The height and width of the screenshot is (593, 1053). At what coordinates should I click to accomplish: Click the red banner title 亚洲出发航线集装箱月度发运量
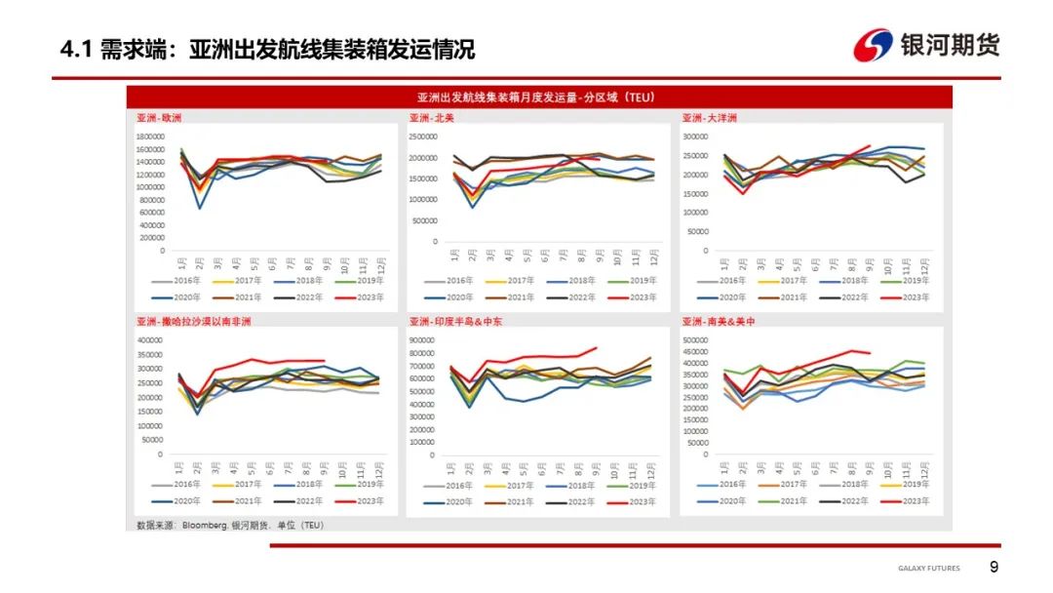[536, 98]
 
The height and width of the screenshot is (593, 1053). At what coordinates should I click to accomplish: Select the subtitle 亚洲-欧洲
[159, 118]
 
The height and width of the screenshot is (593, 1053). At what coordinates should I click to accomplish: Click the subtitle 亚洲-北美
[431, 118]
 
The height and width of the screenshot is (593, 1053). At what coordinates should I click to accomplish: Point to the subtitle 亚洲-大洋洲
[709, 118]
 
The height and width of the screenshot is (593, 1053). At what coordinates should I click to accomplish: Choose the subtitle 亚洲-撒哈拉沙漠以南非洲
[194, 321]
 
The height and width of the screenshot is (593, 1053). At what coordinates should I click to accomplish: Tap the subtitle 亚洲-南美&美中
[722, 321]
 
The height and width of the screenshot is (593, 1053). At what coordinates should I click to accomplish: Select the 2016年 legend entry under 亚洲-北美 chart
[453, 280]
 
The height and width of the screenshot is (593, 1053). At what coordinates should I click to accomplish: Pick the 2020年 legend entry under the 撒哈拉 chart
[180, 500]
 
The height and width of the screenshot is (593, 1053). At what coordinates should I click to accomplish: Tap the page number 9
[994, 568]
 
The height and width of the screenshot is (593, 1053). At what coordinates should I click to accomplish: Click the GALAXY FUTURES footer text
[928, 569]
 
